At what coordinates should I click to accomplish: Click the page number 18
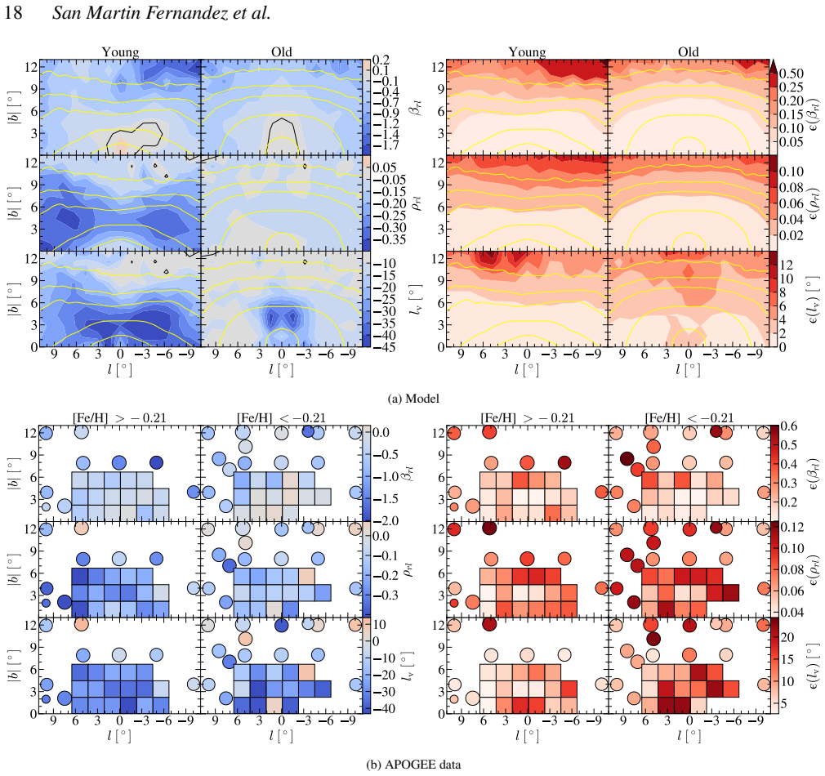tap(13, 12)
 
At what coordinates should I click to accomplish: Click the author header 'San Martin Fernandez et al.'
tap(161, 12)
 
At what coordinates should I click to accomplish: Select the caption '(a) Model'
tap(413, 399)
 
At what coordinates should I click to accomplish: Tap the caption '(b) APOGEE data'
tap(413, 765)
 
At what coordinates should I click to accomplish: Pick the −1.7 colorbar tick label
tap(386, 145)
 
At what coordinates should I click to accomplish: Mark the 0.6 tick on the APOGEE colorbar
tap(788, 426)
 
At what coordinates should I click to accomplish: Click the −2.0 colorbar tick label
tap(386, 521)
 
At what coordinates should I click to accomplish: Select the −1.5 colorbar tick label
tap(386, 499)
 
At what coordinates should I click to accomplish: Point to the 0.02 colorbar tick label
tap(792, 235)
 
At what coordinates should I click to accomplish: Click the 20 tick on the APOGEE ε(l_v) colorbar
tap(787, 638)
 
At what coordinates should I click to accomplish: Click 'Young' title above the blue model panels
tap(121, 52)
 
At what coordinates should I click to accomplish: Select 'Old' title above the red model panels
tap(689, 51)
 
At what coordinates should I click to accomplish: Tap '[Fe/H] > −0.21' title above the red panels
tap(527, 417)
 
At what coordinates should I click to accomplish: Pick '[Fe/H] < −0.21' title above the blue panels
tap(281, 417)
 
